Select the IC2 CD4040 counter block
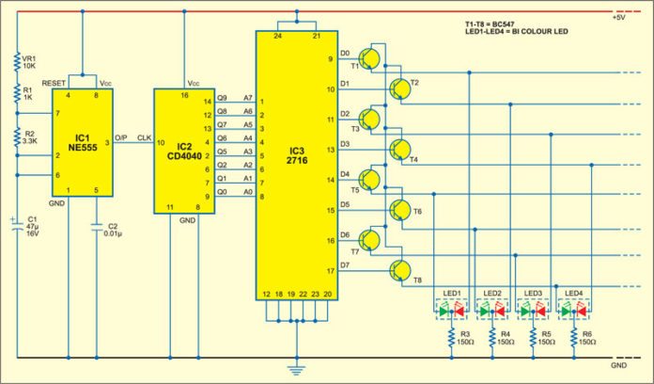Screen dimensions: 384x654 185,151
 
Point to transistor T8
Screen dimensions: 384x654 400,270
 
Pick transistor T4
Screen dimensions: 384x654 400,149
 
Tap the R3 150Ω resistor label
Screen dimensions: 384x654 461,339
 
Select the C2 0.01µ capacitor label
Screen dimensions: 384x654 111,231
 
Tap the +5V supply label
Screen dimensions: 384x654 619,17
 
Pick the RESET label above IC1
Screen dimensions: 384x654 54,83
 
